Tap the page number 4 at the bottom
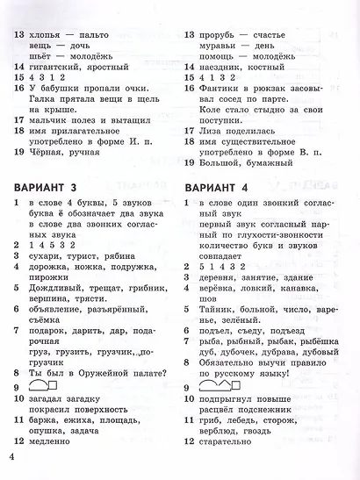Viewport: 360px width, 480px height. tap(11, 456)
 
